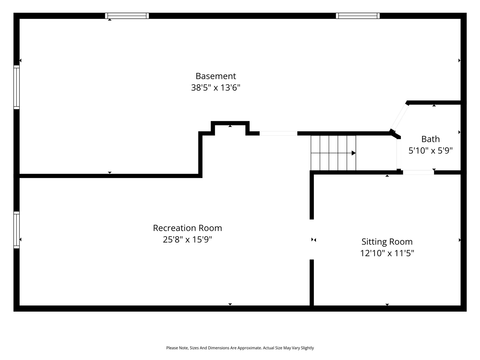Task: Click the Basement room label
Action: (216, 76)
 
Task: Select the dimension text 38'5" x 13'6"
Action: (216, 88)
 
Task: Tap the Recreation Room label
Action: (187, 228)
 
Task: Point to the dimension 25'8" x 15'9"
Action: (187, 240)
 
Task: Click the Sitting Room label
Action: (387, 242)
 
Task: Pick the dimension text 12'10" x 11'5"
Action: (387, 253)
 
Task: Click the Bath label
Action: (430, 139)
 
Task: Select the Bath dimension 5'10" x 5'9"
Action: (430, 151)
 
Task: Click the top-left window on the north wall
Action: (127, 16)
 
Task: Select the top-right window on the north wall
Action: (358, 16)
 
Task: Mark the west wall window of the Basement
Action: (16, 87)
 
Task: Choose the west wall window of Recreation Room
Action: (16, 230)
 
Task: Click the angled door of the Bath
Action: (399, 117)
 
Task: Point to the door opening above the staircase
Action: (278, 133)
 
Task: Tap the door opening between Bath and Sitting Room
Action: (418, 172)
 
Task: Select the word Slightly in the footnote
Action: (307, 348)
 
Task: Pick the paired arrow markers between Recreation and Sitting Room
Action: (313, 240)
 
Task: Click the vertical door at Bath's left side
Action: (399, 154)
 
